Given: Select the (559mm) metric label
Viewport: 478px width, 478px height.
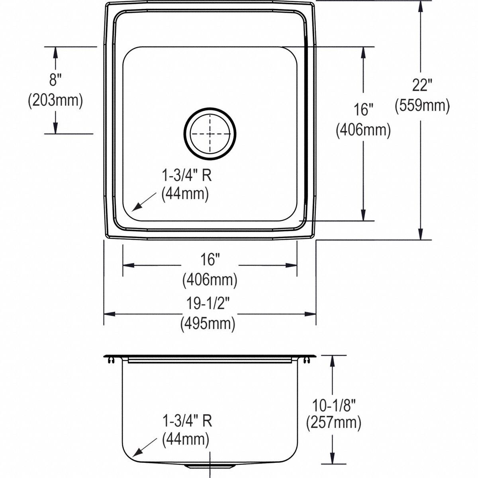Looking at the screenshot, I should click(x=422, y=106).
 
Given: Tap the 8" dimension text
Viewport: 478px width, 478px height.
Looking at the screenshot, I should click(x=55, y=80).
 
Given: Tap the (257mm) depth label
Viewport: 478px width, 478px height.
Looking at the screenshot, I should click(x=333, y=423).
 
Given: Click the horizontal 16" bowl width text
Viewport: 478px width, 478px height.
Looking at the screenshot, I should click(x=210, y=261).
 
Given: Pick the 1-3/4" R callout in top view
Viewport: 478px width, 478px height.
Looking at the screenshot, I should click(x=186, y=176).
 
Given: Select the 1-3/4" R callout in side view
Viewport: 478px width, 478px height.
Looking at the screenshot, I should click(x=186, y=421).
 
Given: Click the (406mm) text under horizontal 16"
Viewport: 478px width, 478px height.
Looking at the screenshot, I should click(x=210, y=280).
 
